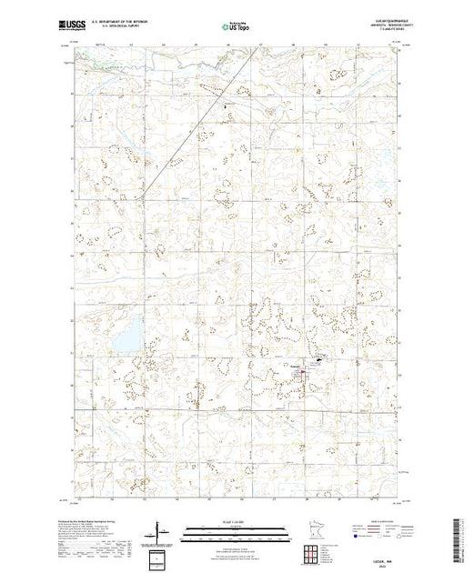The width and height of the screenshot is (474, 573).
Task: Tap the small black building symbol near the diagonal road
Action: coord(226,107)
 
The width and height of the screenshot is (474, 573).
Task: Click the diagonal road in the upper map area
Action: coord(200,118)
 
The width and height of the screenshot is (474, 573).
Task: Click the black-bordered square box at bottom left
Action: coord(160,557)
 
